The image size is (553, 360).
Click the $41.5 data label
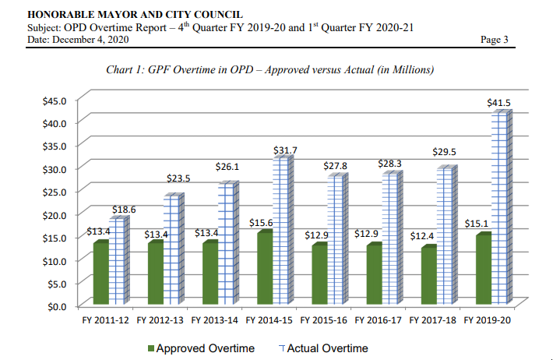click(x=498, y=103)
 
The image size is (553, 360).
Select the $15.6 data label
click(x=262, y=223)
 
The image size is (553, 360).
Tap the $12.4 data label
click(x=421, y=235)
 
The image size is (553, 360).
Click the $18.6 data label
click(x=124, y=209)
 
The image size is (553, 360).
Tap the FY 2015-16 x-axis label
click(x=326, y=320)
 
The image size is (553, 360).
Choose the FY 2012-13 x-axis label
click(x=162, y=320)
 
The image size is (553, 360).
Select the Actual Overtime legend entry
click(x=322, y=348)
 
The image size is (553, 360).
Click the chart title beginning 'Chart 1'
click(x=269, y=70)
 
